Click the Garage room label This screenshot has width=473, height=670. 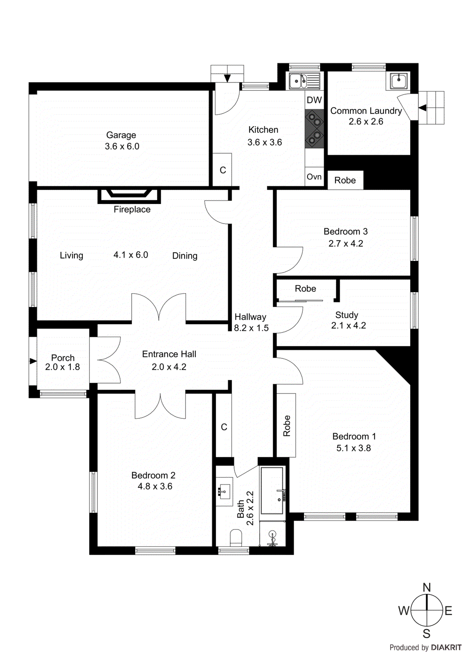click(x=121, y=135)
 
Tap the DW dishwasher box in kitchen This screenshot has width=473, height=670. click(x=314, y=100)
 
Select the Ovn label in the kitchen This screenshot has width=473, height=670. click(x=314, y=177)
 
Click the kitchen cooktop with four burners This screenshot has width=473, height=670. click(x=314, y=129)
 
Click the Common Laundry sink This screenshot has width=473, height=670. click(x=399, y=80)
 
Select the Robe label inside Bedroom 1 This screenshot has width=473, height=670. click(x=286, y=425)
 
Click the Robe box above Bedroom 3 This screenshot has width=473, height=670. click(x=345, y=180)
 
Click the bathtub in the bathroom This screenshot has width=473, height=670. click(x=272, y=491)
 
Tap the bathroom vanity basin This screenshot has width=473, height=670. click(x=225, y=490)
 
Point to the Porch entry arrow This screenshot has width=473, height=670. click(x=33, y=361)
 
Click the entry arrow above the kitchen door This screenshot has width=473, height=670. click(x=227, y=78)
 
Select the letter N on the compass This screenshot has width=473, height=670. click(x=427, y=587)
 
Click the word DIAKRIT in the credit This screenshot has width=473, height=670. click(x=446, y=647)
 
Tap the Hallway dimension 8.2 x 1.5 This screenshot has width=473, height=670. click(x=251, y=328)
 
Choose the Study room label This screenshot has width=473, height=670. click(x=346, y=315)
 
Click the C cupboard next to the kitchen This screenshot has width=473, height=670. click(x=222, y=170)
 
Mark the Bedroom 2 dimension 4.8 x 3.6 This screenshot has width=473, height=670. click(x=155, y=487)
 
